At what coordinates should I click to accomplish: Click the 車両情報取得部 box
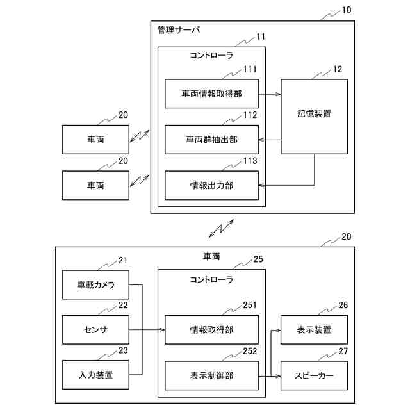211,94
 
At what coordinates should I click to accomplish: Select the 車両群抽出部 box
211,140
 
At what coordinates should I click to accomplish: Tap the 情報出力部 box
211,185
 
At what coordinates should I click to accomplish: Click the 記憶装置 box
314,117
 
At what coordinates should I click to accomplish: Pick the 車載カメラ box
95,284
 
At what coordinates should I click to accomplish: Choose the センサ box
95,330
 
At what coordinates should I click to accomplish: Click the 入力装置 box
95,375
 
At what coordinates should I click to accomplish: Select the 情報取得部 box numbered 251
211,330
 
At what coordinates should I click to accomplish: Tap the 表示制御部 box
211,376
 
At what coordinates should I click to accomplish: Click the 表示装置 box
314,330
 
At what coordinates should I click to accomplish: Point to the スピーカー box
314,376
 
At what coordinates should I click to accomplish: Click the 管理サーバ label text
179,30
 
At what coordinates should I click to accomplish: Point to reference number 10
347,10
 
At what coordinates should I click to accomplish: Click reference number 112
250,115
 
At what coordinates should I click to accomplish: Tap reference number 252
250,351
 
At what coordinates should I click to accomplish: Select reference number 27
343,351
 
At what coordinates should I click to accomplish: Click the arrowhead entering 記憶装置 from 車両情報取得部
278,94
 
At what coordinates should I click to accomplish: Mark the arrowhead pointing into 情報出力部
261,185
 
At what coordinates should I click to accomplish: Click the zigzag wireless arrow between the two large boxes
221,228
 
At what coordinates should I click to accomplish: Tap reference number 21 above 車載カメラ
123,261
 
